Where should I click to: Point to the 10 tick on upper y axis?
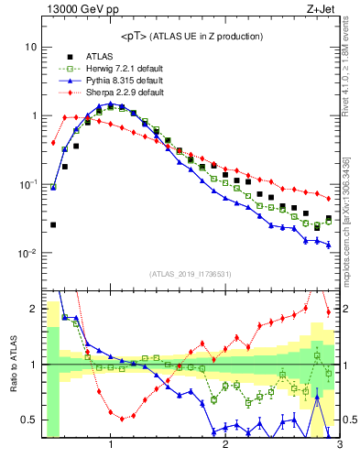30,47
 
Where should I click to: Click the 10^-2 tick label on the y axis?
27,254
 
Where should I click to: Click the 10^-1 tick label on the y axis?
27,185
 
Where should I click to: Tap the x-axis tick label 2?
225,445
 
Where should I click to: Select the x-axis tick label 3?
339,445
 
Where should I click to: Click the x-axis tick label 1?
111,445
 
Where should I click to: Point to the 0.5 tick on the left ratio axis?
29,420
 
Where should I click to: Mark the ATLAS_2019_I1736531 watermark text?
191,274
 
